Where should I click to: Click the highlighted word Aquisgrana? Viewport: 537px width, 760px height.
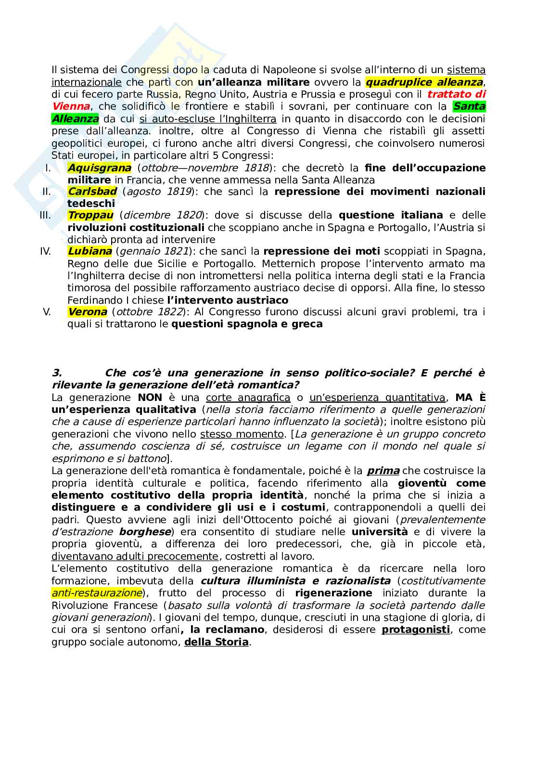click(x=99, y=168)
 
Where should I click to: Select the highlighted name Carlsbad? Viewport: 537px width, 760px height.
click(x=92, y=192)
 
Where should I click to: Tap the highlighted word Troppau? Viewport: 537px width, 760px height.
click(x=91, y=215)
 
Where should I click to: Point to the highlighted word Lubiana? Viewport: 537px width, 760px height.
click(x=90, y=251)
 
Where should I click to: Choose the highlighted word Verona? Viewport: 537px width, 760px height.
click(x=87, y=312)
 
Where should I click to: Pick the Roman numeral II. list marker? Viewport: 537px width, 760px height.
click(x=47, y=192)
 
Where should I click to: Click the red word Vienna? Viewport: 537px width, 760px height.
click(x=70, y=106)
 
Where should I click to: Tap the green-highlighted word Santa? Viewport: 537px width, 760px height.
click(x=470, y=106)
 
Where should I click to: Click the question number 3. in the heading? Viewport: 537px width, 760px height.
click(x=57, y=373)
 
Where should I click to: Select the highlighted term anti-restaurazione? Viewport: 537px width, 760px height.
click(x=97, y=593)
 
